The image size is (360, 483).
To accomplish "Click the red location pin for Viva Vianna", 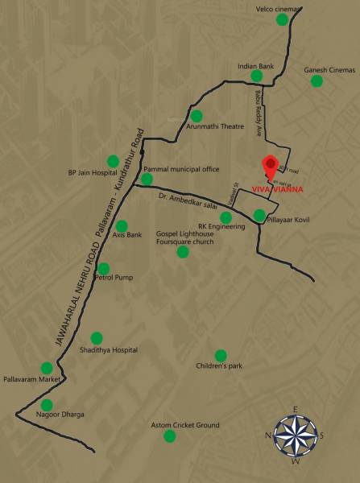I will pos(271,163).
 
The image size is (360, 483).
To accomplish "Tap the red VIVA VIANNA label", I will pos(274,190).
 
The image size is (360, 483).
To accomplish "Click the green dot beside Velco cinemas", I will pos(281,20).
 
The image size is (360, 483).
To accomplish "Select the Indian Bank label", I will pos(257,65).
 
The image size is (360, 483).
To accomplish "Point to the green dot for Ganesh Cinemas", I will pos(317,80).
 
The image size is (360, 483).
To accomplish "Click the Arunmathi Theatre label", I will pos(215,126).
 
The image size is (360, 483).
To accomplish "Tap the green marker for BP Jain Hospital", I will pos(113,160).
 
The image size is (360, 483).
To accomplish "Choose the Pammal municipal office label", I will pos(181,170).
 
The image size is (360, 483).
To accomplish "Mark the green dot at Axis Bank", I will pos(122,226).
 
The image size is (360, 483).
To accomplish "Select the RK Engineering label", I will pos(221,227).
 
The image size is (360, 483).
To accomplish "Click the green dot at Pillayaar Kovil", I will pos(259,216).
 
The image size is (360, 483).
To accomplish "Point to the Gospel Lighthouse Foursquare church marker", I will pos(183,252).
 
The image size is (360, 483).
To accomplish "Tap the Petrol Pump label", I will pos(114,278).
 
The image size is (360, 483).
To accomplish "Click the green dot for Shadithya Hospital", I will pos(97,338).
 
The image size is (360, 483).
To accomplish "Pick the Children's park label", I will pos(219,365).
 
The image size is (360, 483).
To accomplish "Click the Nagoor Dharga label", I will pos(60,414).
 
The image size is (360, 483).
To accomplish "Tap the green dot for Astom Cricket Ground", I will pos(169,436).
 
